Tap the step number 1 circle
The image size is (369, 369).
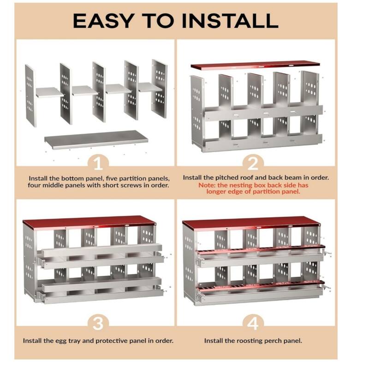pyautogui.click(x=98, y=163)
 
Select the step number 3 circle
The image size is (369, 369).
pyautogui.click(x=98, y=323)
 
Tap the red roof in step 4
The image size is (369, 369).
pyautogui.click(x=251, y=223)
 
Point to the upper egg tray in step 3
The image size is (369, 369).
pyautogui.click(x=101, y=251)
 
